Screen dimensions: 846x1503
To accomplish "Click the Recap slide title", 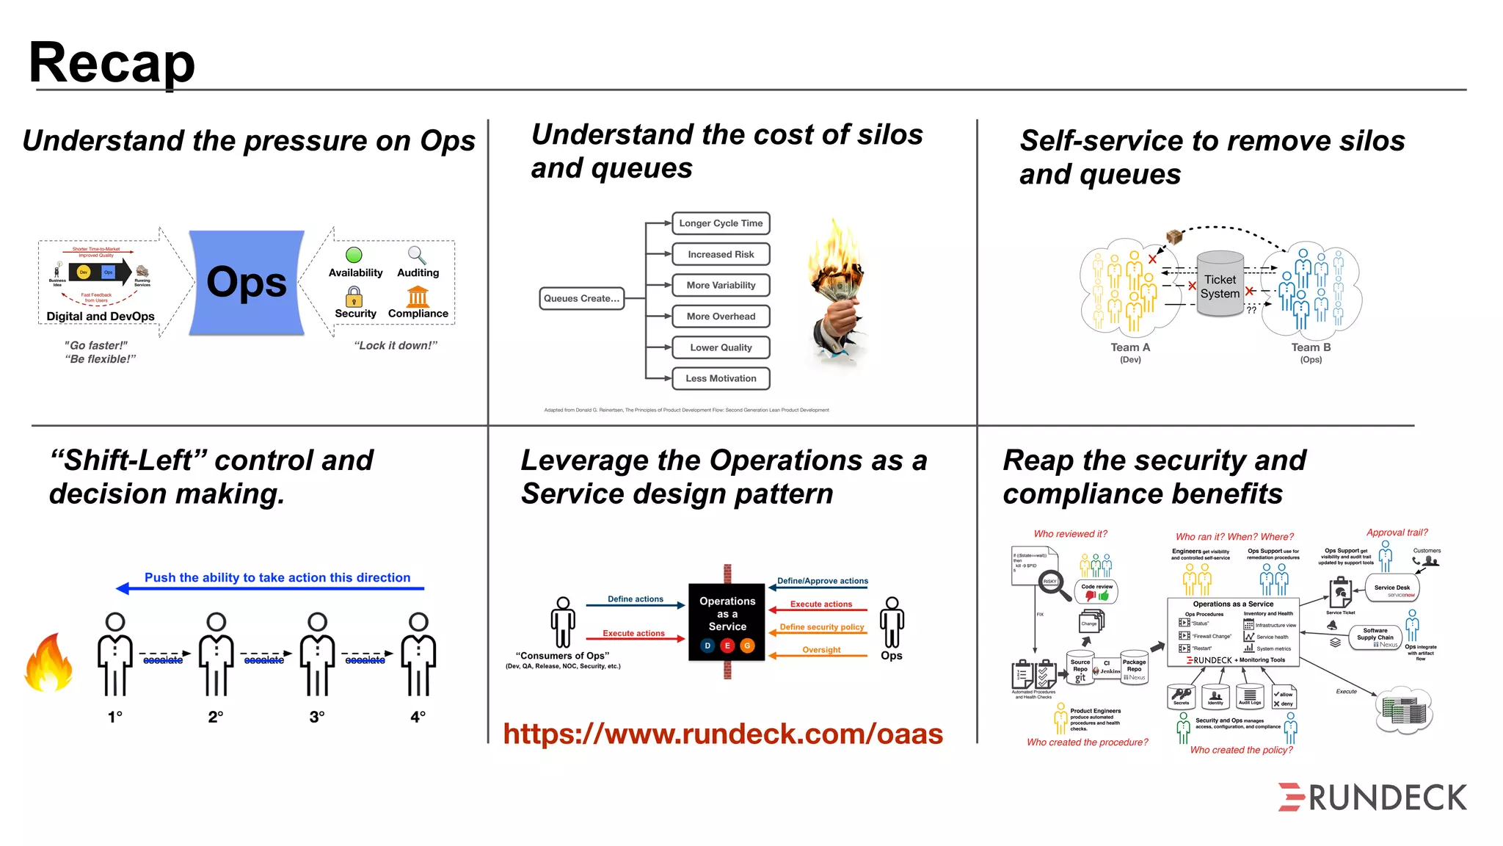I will (x=112, y=63).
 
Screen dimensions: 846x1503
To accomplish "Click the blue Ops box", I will (x=247, y=283).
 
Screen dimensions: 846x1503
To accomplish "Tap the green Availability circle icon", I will (x=354, y=255).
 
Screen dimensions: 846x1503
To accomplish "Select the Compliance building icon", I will (x=418, y=297).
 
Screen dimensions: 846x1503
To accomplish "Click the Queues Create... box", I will (x=581, y=298).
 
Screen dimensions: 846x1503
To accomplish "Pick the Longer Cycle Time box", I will (x=721, y=223).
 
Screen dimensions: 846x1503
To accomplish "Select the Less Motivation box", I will (x=721, y=378).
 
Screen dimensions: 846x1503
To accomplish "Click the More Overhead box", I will (x=721, y=317).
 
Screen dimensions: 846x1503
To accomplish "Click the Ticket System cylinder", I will (x=1220, y=285).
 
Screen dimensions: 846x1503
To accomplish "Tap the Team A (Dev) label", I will (x=1130, y=352).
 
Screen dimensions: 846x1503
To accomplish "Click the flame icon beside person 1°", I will (x=48, y=663).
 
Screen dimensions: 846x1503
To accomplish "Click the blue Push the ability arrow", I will (x=272, y=588).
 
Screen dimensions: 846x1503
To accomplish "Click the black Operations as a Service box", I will (x=727, y=621).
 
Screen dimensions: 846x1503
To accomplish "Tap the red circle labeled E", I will (x=727, y=646).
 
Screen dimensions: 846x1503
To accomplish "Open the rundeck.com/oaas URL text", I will (x=723, y=734).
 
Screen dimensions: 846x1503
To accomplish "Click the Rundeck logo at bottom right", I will (x=1372, y=798).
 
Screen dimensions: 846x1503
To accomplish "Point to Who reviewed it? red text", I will (x=1070, y=534).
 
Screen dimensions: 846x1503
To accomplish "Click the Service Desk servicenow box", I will (x=1392, y=589).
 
